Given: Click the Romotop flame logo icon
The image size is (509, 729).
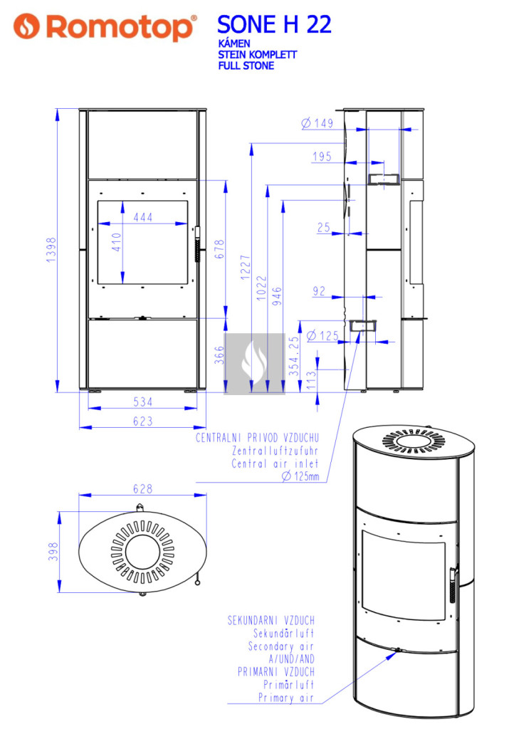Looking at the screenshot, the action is pyautogui.click(x=26, y=26).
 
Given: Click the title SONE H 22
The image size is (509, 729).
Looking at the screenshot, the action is pyautogui.click(x=274, y=24).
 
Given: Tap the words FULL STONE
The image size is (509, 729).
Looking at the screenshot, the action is pyautogui.click(x=246, y=65).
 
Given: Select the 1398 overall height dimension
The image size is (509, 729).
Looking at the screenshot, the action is pyautogui.click(x=51, y=250).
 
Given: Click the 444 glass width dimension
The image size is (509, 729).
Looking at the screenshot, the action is pyautogui.click(x=142, y=217).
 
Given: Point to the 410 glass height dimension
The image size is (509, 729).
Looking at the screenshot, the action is pyautogui.click(x=116, y=242).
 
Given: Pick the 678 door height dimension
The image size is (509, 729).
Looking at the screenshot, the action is pyautogui.click(x=219, y=249).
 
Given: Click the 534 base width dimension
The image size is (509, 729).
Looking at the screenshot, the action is pyautogui.click(x=142, y=402).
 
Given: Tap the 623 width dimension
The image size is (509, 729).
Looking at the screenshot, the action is pyautogui.click(x=142, y=421).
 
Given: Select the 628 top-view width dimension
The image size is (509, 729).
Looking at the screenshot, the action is pyautogui.click(x=142, y=488).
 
